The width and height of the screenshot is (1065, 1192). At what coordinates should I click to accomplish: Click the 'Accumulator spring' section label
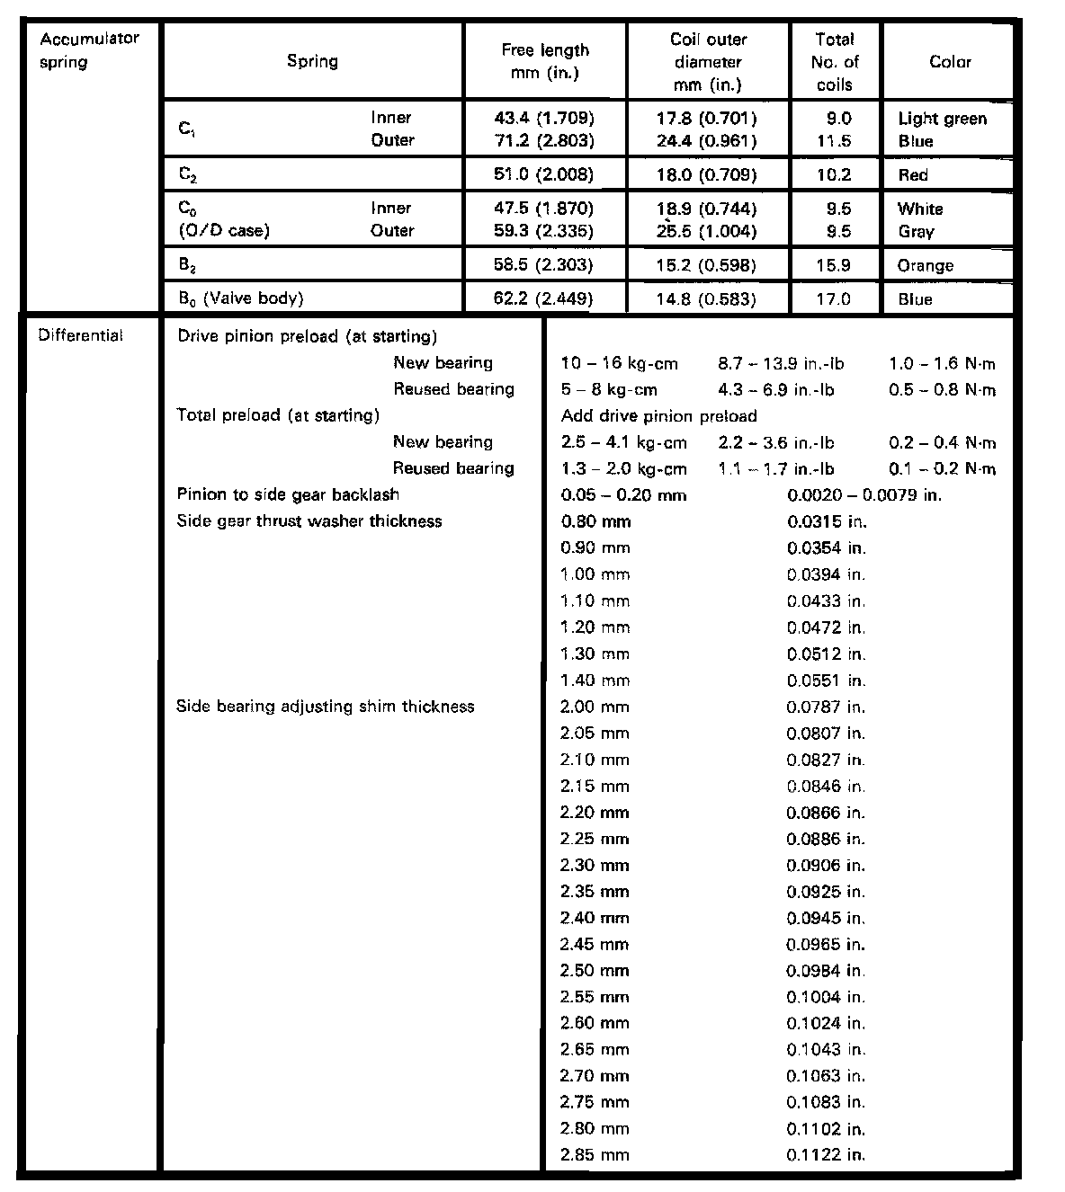coord(89,50)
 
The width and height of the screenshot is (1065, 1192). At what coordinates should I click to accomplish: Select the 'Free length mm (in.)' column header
coord(545,61)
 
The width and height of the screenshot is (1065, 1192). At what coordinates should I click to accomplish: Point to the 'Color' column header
coord(950,62)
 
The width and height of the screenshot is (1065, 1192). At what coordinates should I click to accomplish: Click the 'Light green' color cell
coord(942,119)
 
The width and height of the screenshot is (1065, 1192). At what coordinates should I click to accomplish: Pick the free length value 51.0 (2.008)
coord(544,174)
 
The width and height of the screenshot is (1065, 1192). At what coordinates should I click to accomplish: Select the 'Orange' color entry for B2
coord(925,265)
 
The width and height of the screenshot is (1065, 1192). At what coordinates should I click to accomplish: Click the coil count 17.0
coord(833,298)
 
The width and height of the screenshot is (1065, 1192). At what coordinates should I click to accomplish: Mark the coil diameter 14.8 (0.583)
coord(706,298)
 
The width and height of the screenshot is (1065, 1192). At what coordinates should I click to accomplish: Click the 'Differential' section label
coord(80,336)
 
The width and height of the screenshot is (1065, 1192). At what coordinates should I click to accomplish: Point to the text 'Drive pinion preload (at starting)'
coord(307,336)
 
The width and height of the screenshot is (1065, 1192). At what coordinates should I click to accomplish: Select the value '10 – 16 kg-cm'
coord(619,363)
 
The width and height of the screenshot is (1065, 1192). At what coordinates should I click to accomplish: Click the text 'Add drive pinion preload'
coord(658,415)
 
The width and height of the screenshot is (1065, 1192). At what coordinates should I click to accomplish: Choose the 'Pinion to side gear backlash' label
coord(288,494)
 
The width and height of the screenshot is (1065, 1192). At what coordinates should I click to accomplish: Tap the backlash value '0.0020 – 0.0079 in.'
coord(864,494)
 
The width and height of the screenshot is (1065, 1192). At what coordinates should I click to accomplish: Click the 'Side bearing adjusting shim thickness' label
coord(325,707)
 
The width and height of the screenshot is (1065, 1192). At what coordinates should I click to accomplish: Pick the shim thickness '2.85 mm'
coord(594,1154)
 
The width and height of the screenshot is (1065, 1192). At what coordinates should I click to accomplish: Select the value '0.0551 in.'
coord(826,681)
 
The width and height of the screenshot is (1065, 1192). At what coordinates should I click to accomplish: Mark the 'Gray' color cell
coord(916,231)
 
